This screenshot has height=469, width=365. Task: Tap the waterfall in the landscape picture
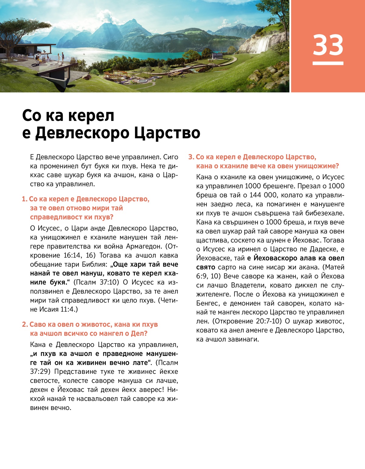pyautogui.click(x=263, y=44)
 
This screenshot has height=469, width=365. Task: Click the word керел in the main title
pyautogui.click(x=91, y=116)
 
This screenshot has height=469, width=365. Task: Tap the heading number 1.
pyautogui.click(x=24, y=199)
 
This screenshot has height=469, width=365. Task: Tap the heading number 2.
pyautogui.click(x=25, y=325)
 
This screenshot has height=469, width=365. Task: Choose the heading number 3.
pyautogui.click(x=191, y=157)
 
